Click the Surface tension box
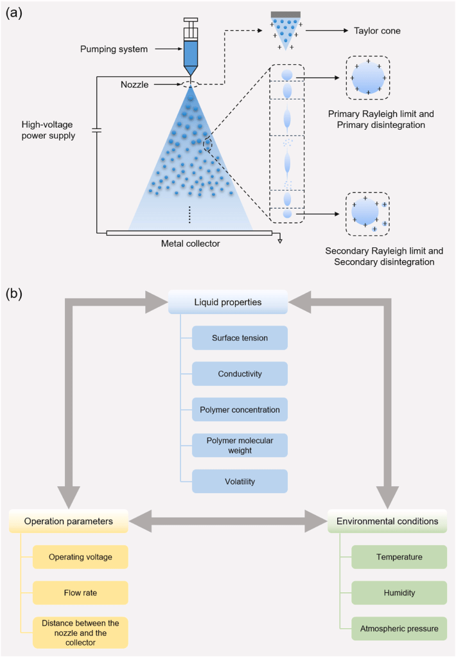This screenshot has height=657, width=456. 240,338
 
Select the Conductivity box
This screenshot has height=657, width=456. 240,374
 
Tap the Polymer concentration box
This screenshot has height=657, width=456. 240,410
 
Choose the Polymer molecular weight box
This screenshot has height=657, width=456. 240,445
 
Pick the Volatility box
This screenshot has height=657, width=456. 240,481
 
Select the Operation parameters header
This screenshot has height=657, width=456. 69,521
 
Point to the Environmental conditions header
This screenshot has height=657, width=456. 388,521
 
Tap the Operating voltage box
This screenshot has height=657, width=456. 80,557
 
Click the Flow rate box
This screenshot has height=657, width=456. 80,592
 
